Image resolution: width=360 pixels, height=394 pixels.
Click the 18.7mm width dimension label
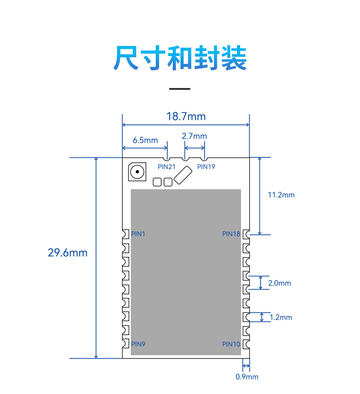click(x=186, y=117)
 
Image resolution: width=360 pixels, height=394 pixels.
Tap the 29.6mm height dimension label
click(x=67, y=253)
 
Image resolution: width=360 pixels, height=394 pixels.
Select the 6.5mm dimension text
click(x=145, y=140)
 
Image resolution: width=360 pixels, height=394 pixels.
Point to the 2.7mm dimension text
click(x=194, y=136)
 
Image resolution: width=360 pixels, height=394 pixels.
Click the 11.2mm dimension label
click(x=281, y=195)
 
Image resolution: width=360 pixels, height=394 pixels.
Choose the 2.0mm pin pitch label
click(x=279, y=283)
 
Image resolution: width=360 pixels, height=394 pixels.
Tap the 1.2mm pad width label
click(x=281, y=317)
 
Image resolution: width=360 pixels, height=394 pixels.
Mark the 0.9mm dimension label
click(x=247, y=377)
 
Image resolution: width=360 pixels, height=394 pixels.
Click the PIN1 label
click(x=138, y=234)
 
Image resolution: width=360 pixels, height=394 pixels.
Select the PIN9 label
click(x=138, y=344)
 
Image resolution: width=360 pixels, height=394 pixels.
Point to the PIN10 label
click(x=231, y=344)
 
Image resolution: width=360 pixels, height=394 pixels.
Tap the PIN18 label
click(x=231, y=234)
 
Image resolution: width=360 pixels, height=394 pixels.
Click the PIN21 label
click(x=166, y=167)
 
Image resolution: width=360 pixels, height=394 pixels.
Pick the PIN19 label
click(x=206, y=167)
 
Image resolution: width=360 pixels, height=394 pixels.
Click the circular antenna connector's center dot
click(x=137, y=172)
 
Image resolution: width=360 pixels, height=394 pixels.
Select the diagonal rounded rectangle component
click(x=183, y=175)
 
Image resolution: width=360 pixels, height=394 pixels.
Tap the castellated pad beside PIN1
click(x=125, y=234)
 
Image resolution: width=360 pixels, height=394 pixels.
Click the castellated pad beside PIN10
click(x=246, y=344)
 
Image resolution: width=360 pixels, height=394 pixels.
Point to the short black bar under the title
click(x=180, y=89)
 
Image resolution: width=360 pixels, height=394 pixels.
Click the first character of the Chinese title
click(x=126, y=58)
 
